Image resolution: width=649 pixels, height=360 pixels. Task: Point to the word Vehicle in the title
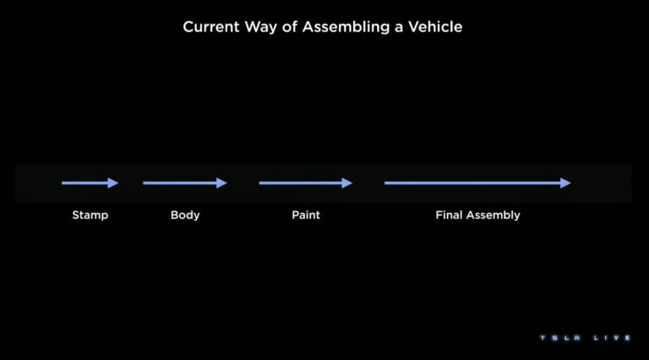tap(435, 27)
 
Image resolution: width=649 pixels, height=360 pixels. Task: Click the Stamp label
tap(90, 215)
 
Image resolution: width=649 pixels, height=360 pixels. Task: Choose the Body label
tap(185, 215)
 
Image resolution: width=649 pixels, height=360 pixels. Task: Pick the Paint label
tap(306, 215)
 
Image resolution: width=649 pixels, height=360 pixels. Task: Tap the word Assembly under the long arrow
tap(494, 215)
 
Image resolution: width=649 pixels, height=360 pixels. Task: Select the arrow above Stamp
tap(89, 183)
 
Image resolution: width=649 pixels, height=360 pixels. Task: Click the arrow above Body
tap(183, 183)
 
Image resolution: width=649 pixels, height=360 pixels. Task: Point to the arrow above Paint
tap(304, 183)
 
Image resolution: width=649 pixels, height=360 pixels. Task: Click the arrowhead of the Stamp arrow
tap(114, 183)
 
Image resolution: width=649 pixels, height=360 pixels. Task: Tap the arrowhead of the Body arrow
tap(222, 183)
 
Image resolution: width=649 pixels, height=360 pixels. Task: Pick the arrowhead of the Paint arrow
tap(347, 183)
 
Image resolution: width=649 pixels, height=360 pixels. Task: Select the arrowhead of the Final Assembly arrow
tap(566, 183)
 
